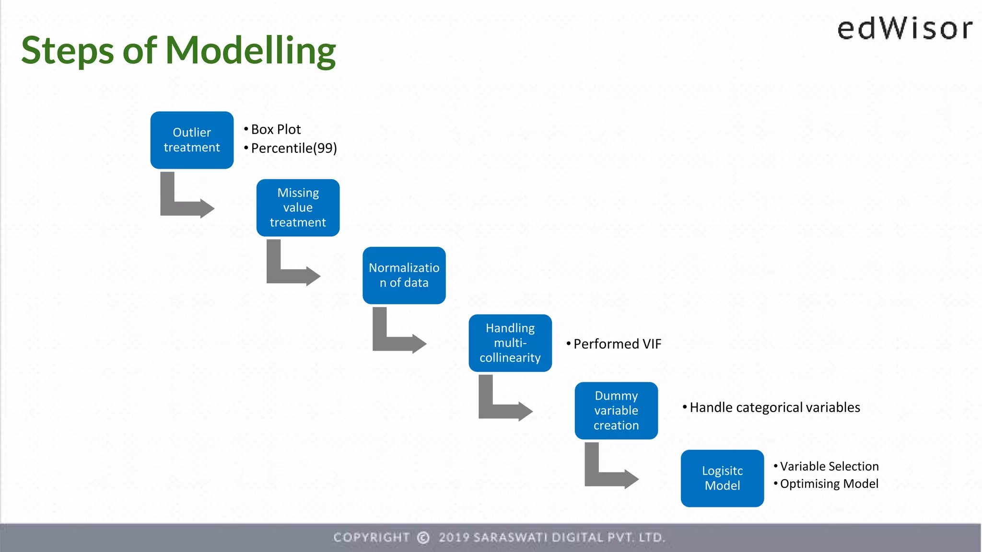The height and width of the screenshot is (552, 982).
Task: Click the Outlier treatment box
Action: click(192, 140)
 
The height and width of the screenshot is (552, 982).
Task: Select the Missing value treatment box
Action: click(298, 207)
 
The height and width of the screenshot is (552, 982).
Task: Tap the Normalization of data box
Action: click(404, 275)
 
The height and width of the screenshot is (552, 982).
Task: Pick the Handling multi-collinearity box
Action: click(510, 343)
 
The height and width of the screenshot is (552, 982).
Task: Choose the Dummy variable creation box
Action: click(616, 411)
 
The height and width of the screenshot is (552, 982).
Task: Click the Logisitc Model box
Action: click(722, 478)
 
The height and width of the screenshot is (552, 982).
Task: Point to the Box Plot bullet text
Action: click(276, 129)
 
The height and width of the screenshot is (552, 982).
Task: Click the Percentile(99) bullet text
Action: click(293, 148)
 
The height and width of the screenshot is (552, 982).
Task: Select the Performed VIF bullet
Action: click(617, 344)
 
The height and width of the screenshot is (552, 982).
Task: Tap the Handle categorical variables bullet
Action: click(774, 407)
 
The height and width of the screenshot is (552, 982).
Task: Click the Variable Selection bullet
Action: click(829, 466)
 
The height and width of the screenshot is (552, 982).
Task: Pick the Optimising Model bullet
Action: click(829, 484)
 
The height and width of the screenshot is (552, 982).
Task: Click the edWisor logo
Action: click(904, 29)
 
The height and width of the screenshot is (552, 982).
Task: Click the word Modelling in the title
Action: click(250, 51)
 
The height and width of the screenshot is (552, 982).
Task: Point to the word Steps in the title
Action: click(67, 51)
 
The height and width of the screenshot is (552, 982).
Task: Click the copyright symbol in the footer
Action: click(423, 538)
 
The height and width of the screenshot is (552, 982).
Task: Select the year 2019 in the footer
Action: click(454, 538)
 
